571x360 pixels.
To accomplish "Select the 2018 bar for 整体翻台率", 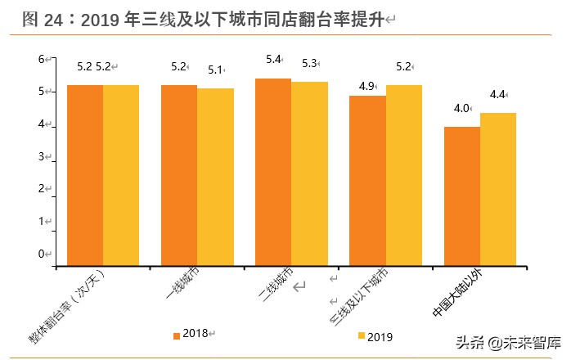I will (x=85, y=175).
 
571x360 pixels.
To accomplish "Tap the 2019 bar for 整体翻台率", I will (x=121, y=175).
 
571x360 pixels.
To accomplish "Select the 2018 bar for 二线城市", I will (x=273, y=172).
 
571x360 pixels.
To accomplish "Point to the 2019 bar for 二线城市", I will (x=309, y=173).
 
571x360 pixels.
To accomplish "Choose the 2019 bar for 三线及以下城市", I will (x=403, y=175).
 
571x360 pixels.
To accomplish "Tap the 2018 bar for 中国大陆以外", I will (x=461, y=196).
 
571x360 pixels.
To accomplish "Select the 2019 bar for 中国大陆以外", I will (x=497, y=189).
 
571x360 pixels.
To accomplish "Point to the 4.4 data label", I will (x=497, y=95).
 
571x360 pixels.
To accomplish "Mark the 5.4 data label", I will (x=273, y=60).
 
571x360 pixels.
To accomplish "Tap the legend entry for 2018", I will (x=191, y=334).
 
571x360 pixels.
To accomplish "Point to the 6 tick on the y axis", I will (x=43, y=60).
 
